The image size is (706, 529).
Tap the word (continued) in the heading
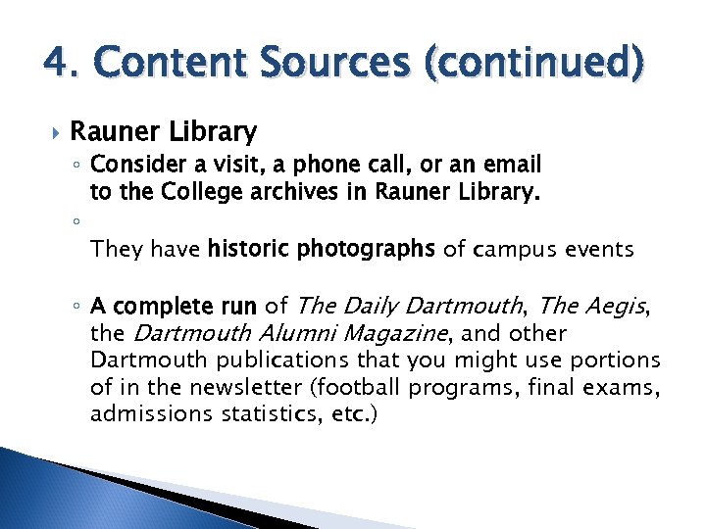[532, 63]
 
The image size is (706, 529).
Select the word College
[187, 193]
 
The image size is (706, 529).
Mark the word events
[598, 249]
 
